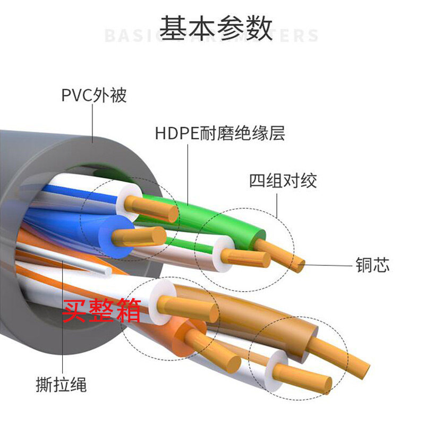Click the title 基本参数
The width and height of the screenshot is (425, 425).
[216, 28]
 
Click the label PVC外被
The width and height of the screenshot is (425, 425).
[94, 96]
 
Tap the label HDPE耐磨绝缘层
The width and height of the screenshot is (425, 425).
[220, 133]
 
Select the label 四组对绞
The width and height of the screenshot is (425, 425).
[283, 181]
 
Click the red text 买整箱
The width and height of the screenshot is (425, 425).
[102, 310]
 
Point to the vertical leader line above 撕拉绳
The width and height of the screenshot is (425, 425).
[62, 319]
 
